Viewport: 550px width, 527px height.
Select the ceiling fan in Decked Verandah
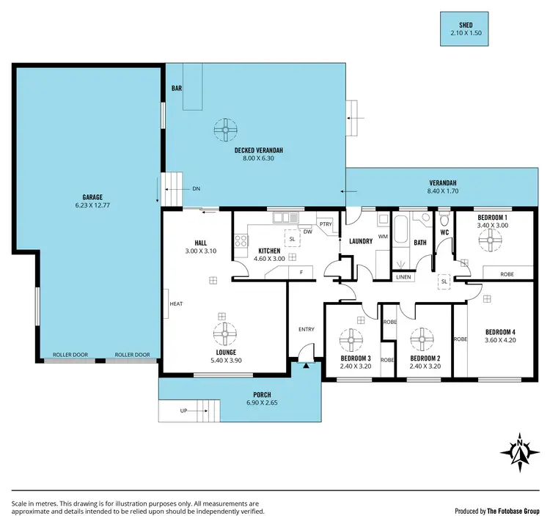(x=225, y=130)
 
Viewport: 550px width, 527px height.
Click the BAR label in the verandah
(x=176, y=88)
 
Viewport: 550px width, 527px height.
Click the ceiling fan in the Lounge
(x=221, y=333)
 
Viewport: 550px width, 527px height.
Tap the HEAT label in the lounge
(x=176, y=303)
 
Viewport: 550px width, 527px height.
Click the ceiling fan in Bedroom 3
(x=352, y=340)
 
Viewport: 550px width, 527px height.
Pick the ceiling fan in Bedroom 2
(x=422, y=340)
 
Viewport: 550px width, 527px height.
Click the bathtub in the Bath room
(x=400, y=231)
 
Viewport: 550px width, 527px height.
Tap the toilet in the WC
(x=444, y=221)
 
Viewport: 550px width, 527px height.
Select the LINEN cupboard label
(x=403, y=277)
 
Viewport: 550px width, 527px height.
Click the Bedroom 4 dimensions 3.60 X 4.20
(x=502, y=340)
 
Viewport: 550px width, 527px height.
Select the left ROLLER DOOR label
(x=70, y=355)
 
